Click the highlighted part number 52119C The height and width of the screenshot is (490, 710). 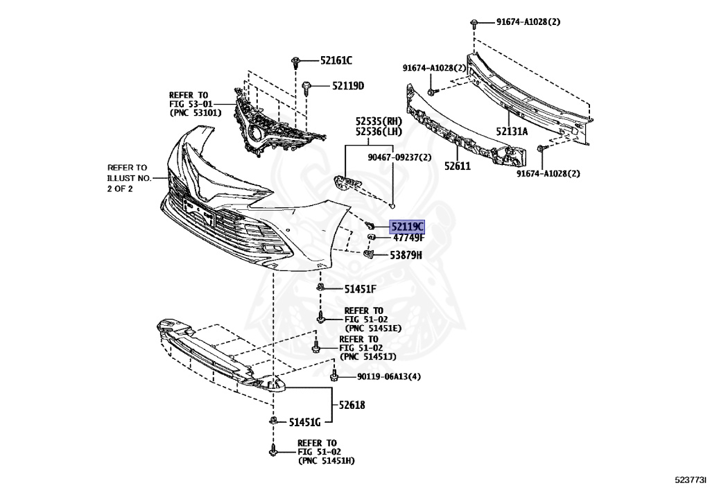click(x=407, y=227)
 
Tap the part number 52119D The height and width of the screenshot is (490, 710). click(x=347, y=86)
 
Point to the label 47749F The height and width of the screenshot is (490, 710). click(x=408, y=238)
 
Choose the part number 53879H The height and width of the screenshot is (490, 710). click(x=406, y=255)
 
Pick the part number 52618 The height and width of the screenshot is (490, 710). click(x=352, y=405)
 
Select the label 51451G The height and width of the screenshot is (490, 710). click(x=304, y=421)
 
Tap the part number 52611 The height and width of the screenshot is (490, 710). click(x=458, y=166)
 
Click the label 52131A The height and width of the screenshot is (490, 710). click(x=512, y=131)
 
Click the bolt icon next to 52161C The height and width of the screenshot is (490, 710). click(x=296, y=61)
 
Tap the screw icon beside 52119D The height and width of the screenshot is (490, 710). click(x=307, y=87)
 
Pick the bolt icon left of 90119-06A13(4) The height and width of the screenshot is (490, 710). click(x=334, y=376)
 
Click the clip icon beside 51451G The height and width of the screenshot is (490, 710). click(x=274, y=421)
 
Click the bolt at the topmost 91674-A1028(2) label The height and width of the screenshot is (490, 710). click(x=474, y=23)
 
